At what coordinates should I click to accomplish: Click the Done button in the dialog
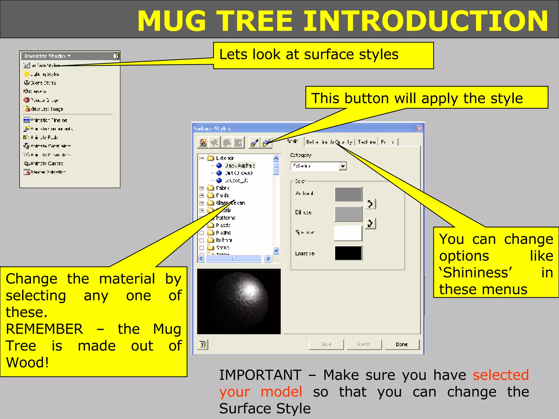(x=402, y=345)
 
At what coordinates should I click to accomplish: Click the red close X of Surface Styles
(x=419, y=128)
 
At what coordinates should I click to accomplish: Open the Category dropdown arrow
(x=343, y=166)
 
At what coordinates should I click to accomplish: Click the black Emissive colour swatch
(x=348, y=253)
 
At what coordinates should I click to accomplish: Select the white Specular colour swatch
(x=348, y=233)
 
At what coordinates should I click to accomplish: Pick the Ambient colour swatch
(x=348, y=194)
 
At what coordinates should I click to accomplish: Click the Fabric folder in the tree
(x=222, y=188)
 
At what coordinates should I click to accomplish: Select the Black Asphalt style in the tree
(x=240, y=165)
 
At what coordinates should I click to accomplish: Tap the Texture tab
(x=367, y=142)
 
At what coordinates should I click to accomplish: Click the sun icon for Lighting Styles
(x=26, y=74)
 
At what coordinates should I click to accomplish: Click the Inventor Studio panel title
(x=45, y=56)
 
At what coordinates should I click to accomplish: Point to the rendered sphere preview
(x=239, y=301)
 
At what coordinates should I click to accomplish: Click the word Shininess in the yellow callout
(x=477, y=273)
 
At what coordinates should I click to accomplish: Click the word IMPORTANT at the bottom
(x=260, y=375)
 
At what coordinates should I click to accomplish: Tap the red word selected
(x=501, y=375)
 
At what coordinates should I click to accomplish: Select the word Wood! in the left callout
(x=27, y=363)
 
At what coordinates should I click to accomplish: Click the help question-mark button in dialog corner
(x=202, y=345)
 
